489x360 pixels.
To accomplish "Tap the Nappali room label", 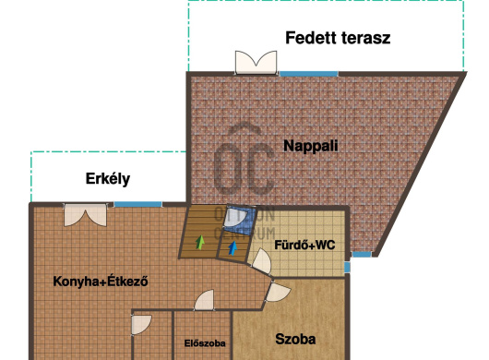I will coord(311,145).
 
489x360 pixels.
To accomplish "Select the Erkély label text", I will coord(108,178).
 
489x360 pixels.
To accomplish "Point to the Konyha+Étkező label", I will coord(101,281).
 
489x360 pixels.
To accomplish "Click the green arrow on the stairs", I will coord(200,244).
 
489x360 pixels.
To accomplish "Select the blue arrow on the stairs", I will coord(232,246).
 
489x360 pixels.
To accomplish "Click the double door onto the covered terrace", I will coord(256,63).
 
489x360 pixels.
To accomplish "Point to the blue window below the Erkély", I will coord(137,204).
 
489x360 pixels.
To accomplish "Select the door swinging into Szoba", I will coord(276,294).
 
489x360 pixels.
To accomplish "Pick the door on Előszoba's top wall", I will coord(204,301).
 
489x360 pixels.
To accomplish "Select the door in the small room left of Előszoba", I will coord(141,324).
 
